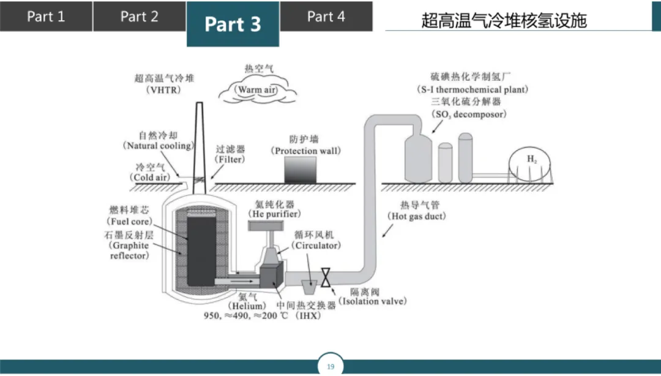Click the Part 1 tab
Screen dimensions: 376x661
coord(46,17)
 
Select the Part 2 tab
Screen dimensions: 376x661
coord(139,17)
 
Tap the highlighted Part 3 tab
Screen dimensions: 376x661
coord(233,24)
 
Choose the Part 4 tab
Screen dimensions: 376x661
coord(326,17)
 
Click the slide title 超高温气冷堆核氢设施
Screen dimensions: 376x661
coord(504,21)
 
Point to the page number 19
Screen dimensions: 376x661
coord(330,367)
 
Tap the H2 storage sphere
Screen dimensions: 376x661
coord(532,164)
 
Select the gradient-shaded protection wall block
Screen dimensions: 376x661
coord(300,170)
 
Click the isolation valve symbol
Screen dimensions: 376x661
coord(326,277)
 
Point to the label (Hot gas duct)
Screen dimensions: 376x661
coord(417,217)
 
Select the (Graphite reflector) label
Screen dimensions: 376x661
coord(129,250)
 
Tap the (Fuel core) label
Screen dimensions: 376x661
coord(129,222)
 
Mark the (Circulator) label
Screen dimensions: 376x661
coord(316,246)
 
